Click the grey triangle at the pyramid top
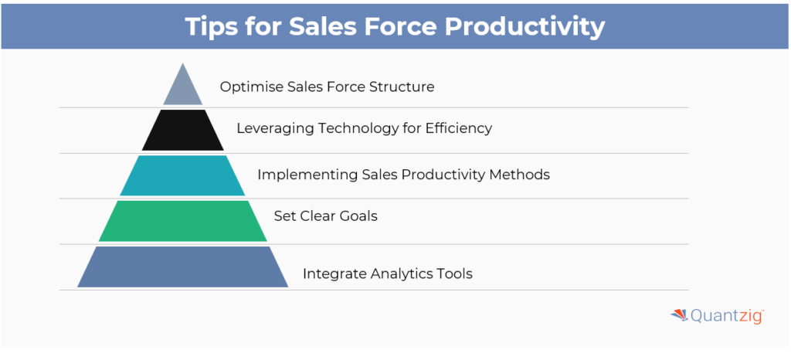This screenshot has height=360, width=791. click(x=182, y=90)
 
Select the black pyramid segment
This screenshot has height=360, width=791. click(x=182, y=130)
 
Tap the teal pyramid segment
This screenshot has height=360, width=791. click(x=182, y=175)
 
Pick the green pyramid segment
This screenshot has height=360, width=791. click(x=182, y=221)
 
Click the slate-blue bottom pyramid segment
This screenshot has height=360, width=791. click(x=182, y=267)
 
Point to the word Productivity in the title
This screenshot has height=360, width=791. click(x=525, y=27)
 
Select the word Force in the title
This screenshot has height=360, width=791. click(x=402, y=26)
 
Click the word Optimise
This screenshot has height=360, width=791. click(x=251, y=87)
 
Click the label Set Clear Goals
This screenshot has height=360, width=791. click(x=326, y=216)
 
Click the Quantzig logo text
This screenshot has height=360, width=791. click(x=727, y=316)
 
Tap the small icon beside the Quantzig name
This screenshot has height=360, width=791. click(x=679, y=315)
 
